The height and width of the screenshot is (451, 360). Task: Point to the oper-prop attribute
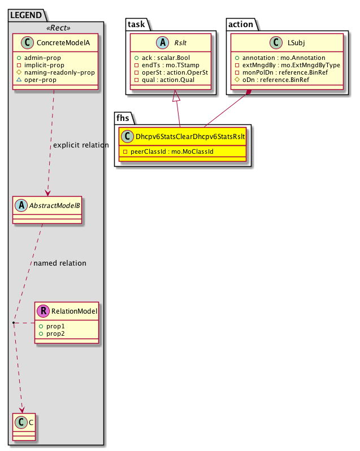click(40, 80)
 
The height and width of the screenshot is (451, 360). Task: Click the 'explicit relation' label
click(81, 145)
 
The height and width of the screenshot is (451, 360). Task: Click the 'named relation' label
click(60, 263)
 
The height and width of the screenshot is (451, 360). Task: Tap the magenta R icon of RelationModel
click(44, 310)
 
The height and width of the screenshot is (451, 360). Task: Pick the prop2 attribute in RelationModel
click(53, 333)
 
